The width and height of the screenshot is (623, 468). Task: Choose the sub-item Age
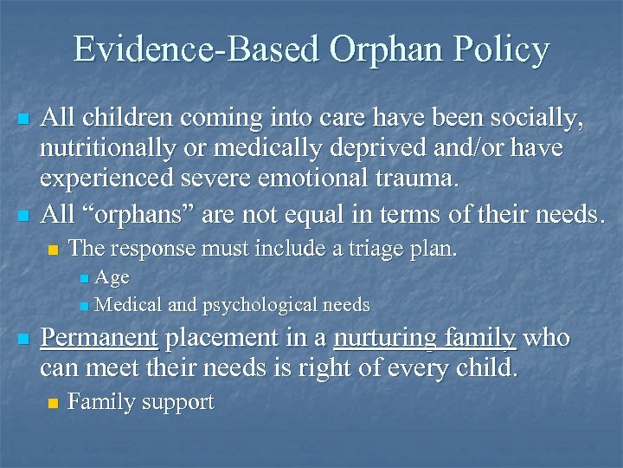112,278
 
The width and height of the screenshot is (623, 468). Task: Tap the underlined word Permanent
99,338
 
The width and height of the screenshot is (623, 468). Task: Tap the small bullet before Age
82,279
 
